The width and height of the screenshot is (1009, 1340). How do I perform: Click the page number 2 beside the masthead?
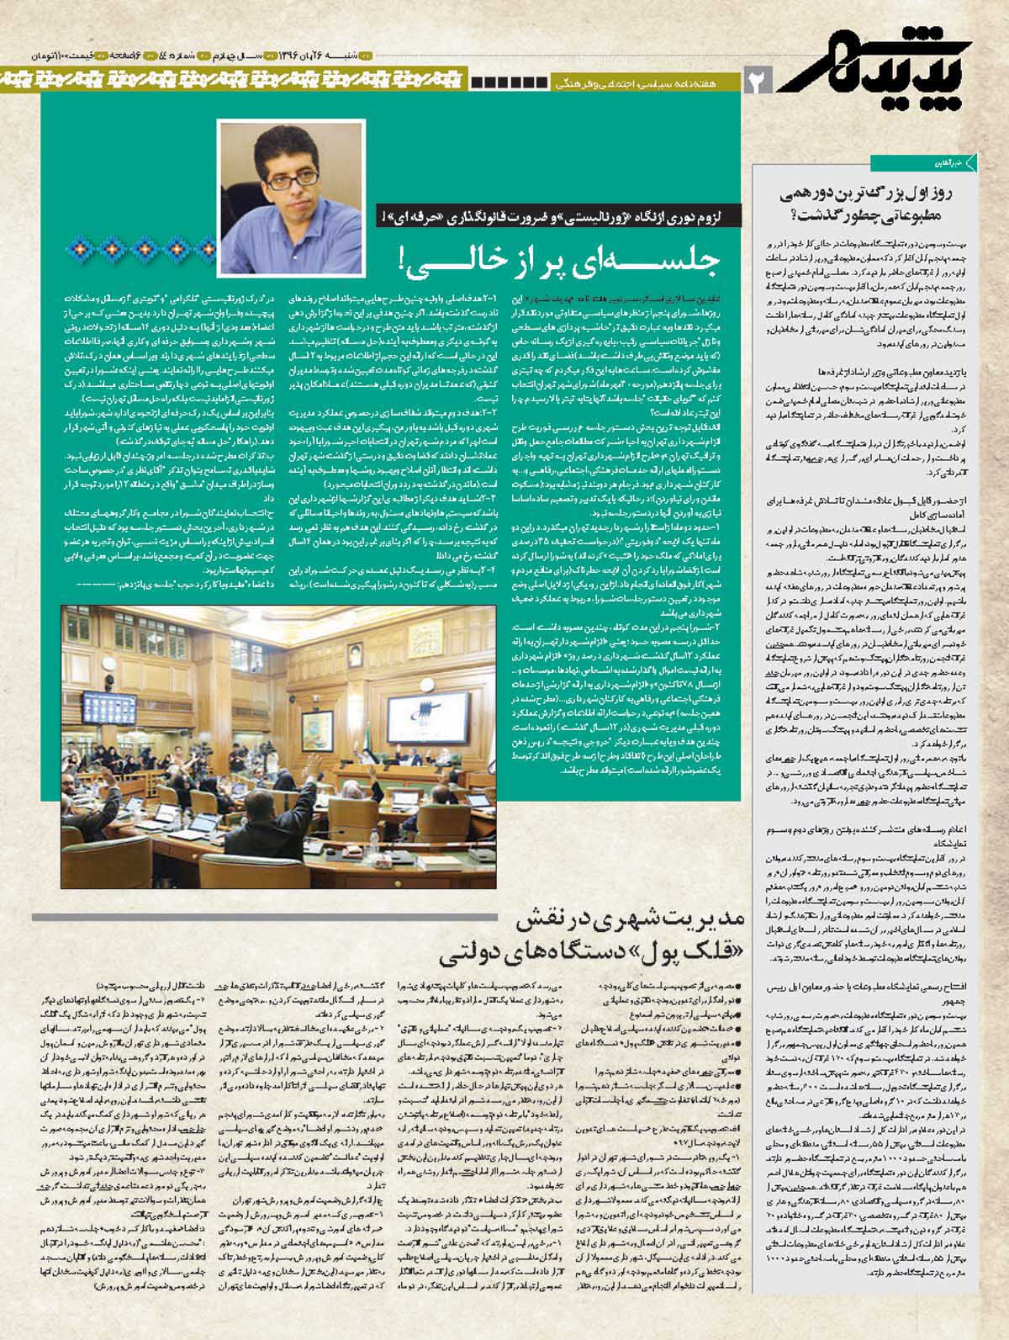(x=759, y=82)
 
